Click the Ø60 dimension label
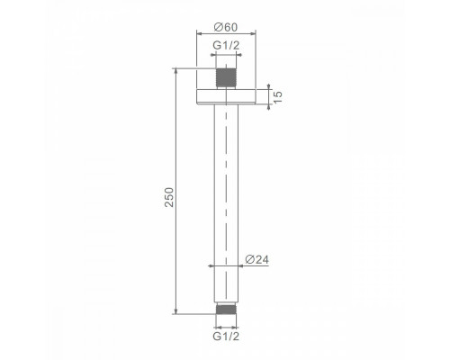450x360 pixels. pyautogui.click(x=226, y=27)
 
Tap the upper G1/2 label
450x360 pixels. pyautogui.click(x=226, y=46)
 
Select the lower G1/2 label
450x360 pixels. pyautogui.click(x=226, y=337)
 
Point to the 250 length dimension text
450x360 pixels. pyautogui.click(x=169, y=197)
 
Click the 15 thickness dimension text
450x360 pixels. pyautogui.click(x=278, y=96)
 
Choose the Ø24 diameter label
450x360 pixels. pyautogui.click(x=256, y=259)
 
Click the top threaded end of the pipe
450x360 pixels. pyautogui.click(x=226, y=78)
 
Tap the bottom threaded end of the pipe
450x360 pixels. pyautogui.click(x=226, y=310)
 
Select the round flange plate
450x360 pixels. pyautogui.click(x=226, y=96)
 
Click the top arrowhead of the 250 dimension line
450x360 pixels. pyautogui.click(x=176, y=71)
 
